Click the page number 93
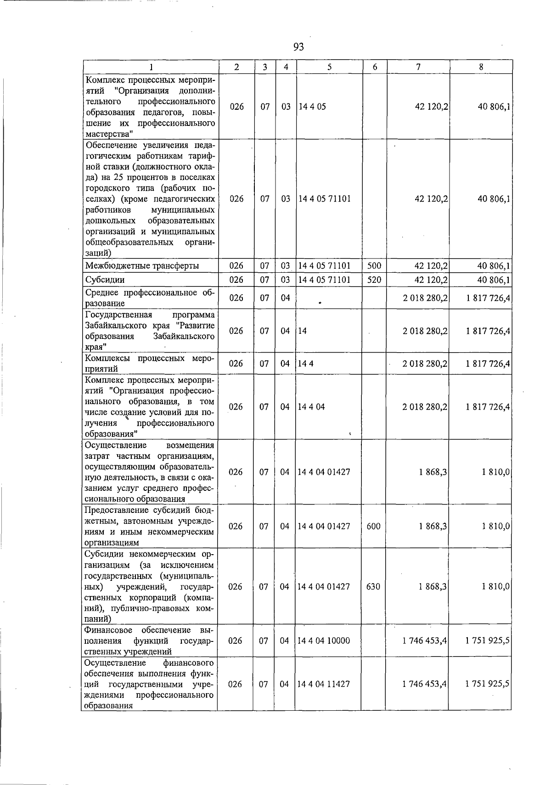coord(298,47)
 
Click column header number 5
coord(329,67)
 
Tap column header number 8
coord(481,67)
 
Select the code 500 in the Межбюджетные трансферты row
coord(374,266)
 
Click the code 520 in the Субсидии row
coord(374,280)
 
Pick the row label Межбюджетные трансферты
coord(142,266)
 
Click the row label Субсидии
coord(105,280)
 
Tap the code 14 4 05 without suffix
coord(312,107)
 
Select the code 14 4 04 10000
coord(324,641)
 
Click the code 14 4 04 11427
coord(324,684)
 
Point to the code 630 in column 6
coord(373,586)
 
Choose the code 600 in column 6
coord(373,526)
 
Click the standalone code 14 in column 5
coord(302,331)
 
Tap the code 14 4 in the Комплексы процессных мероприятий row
coord(306,364)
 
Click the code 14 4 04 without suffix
coord(311,407)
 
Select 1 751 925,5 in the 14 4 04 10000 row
coord(487,641)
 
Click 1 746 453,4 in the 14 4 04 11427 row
coord(424,684)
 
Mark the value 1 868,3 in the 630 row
coord(433,586)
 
